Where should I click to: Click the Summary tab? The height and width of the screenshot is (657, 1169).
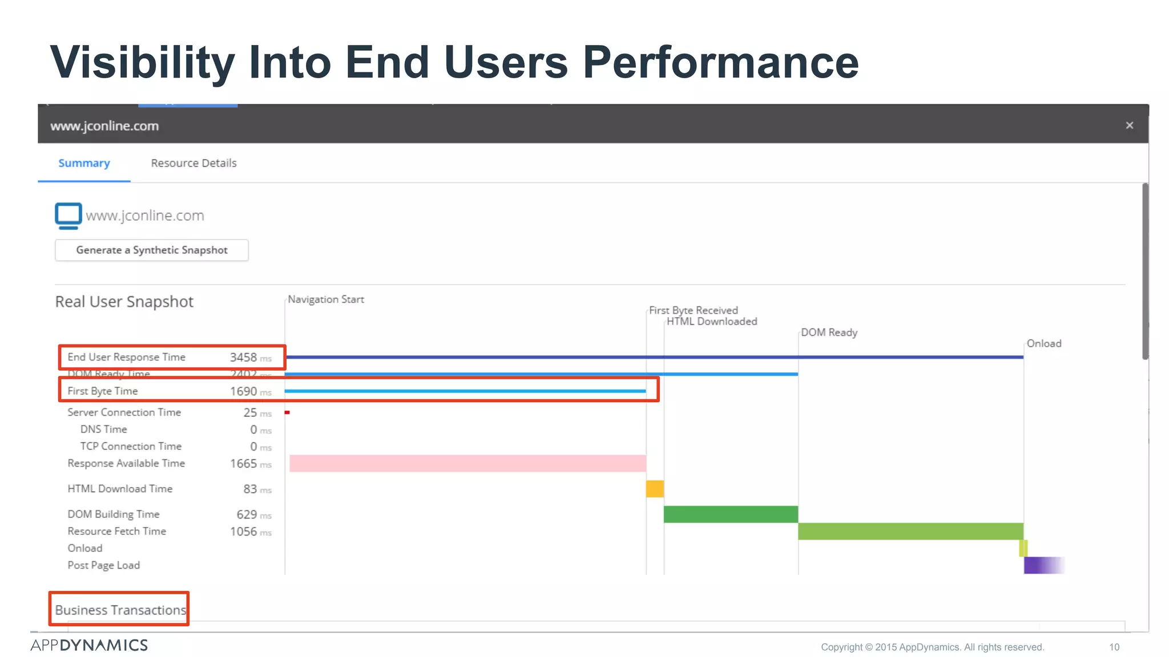click(x=84, y=163)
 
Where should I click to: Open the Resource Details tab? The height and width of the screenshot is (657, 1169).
click(x=194, y=163)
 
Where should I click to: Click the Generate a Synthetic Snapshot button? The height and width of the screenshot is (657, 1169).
click(x=151, y=250)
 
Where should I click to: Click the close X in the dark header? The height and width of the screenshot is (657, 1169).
click(x=1129, y=125)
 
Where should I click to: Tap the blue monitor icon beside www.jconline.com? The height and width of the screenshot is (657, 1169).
click(x=68, y=216)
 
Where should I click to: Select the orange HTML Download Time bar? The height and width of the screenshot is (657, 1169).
click(x=655, y=489)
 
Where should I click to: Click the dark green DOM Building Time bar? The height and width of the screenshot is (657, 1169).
click(x=730, y=514)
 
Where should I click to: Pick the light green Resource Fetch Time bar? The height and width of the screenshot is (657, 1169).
click(x=910, y=531)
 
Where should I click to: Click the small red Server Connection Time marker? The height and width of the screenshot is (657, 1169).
click(x=287, y=412)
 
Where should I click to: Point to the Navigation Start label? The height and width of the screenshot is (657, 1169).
click(x=325, y=299)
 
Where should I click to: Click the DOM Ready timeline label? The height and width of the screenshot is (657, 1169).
click(x=829, y=332)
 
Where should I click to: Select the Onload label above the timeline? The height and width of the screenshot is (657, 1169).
click(x=1043, y=343)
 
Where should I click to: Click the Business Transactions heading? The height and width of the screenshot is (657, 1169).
click(x=120, y=610)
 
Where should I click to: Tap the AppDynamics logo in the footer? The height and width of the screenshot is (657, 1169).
click(x=89, y=645)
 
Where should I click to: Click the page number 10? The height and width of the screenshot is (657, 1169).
click(x=1114, y=647)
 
